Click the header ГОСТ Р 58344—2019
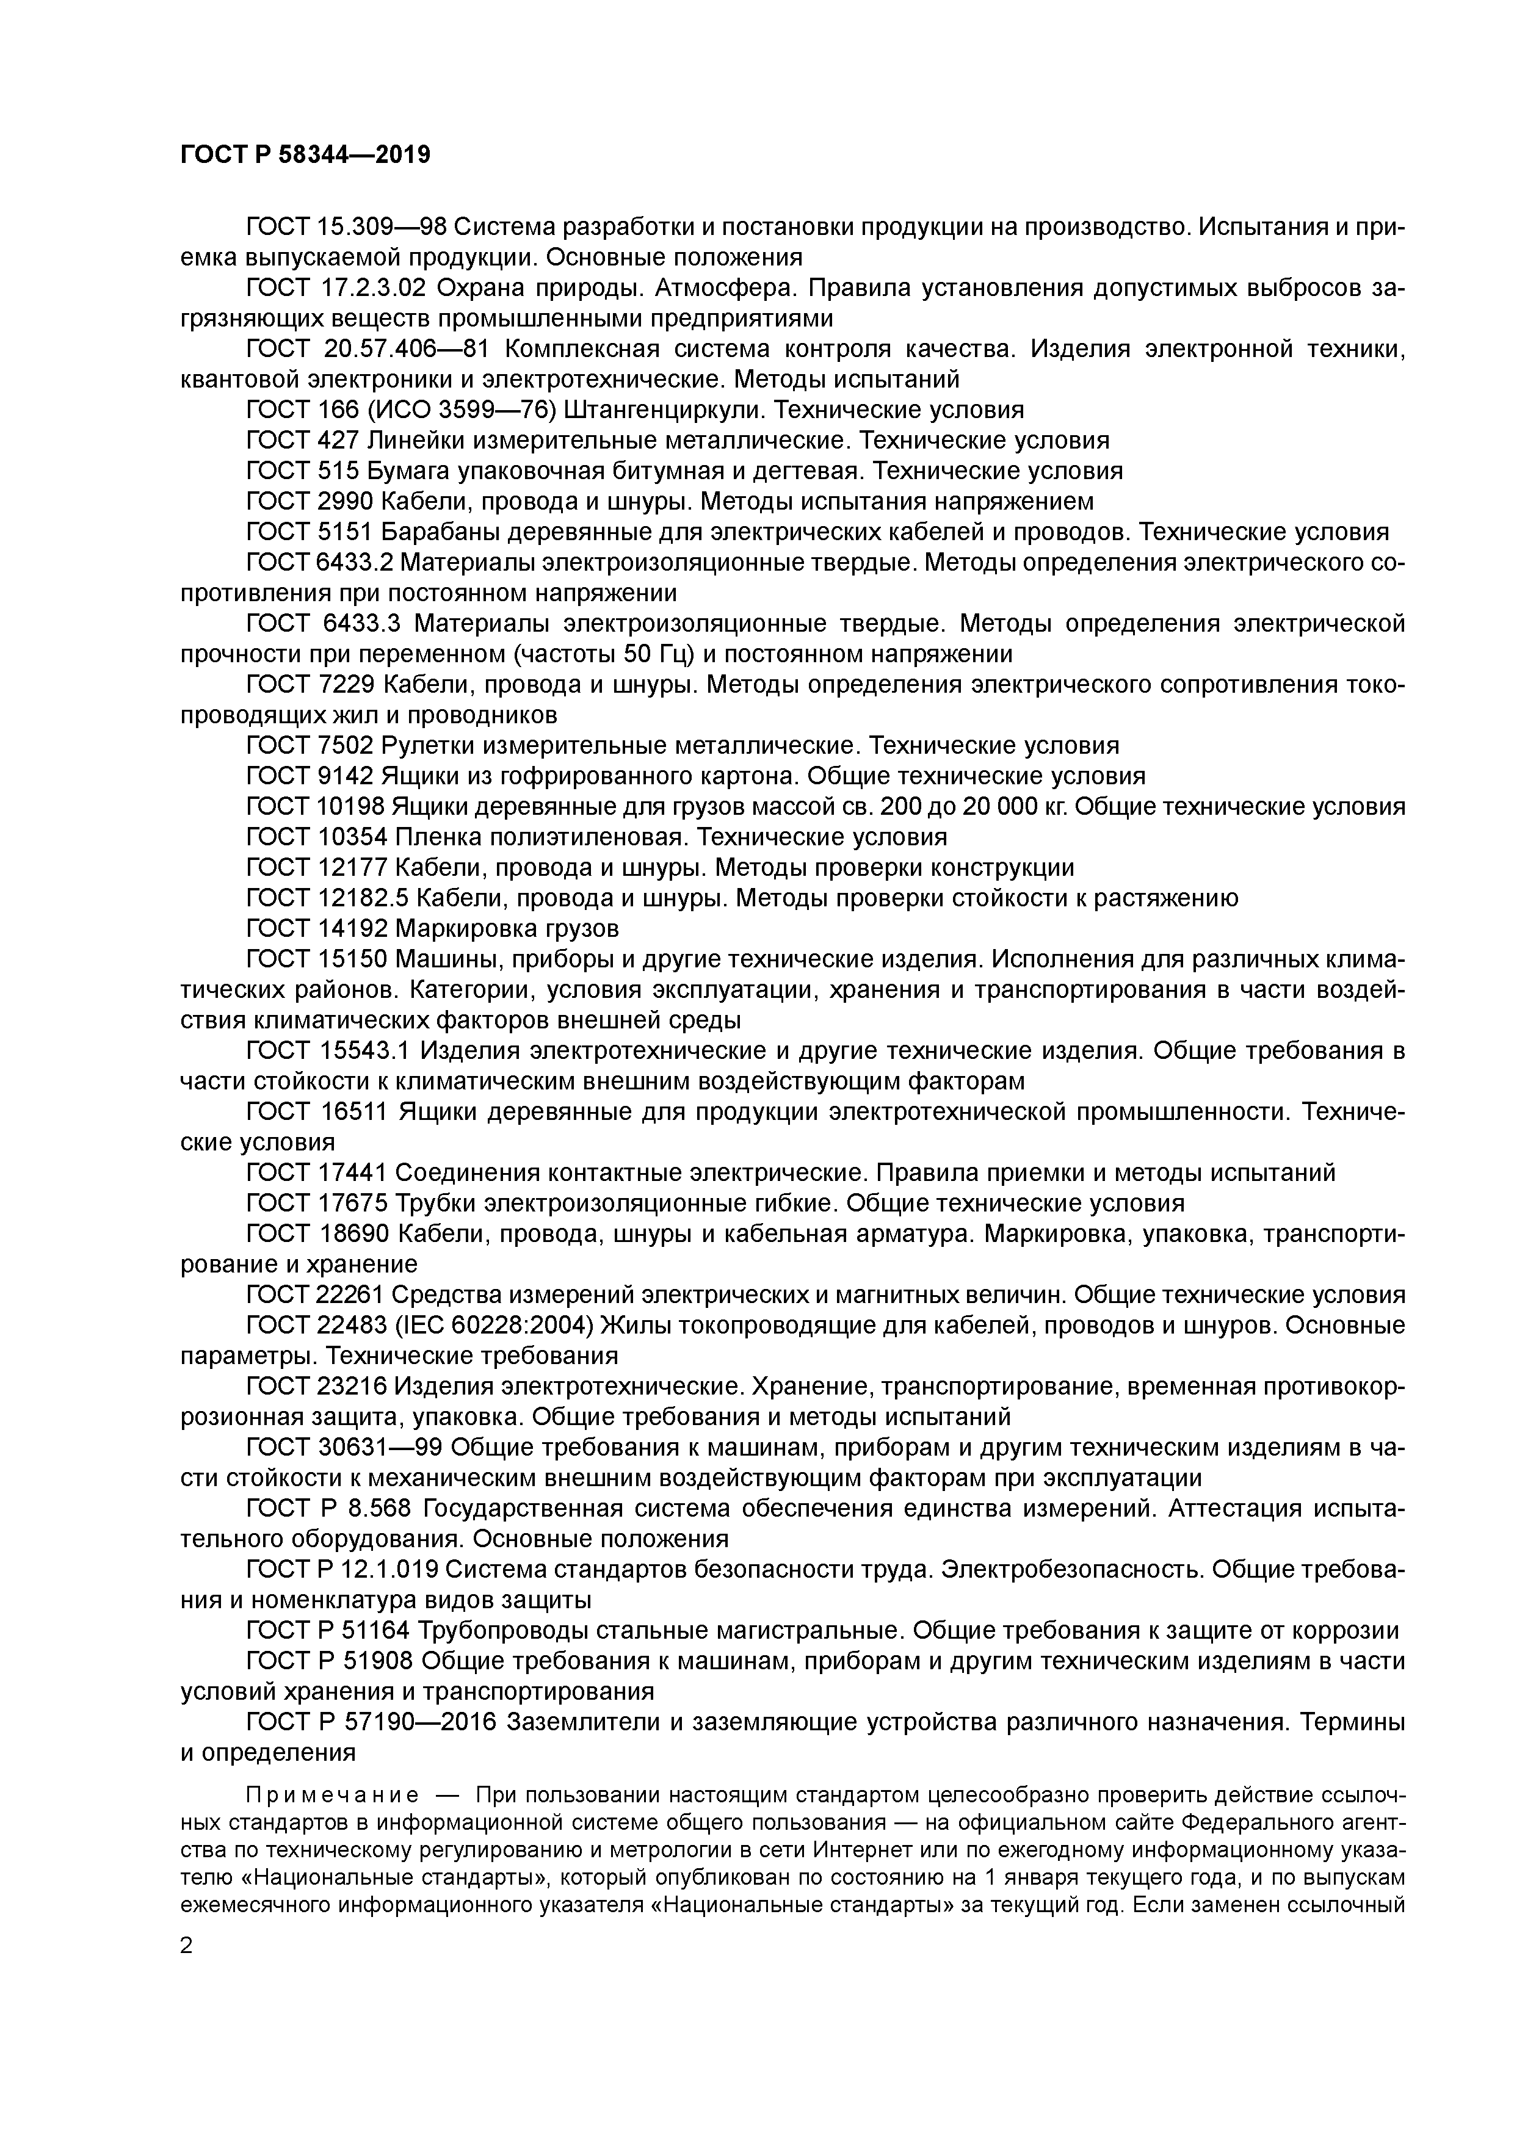point(305,155)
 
